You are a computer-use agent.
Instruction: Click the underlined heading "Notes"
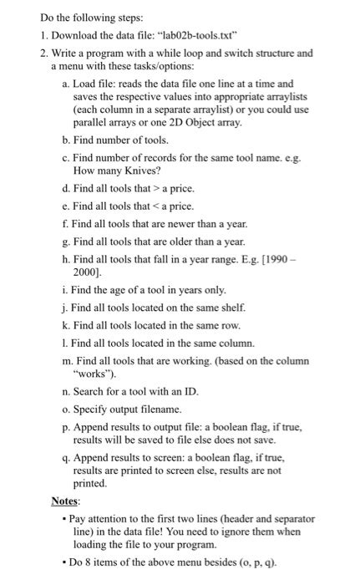click(x=65, y=501)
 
